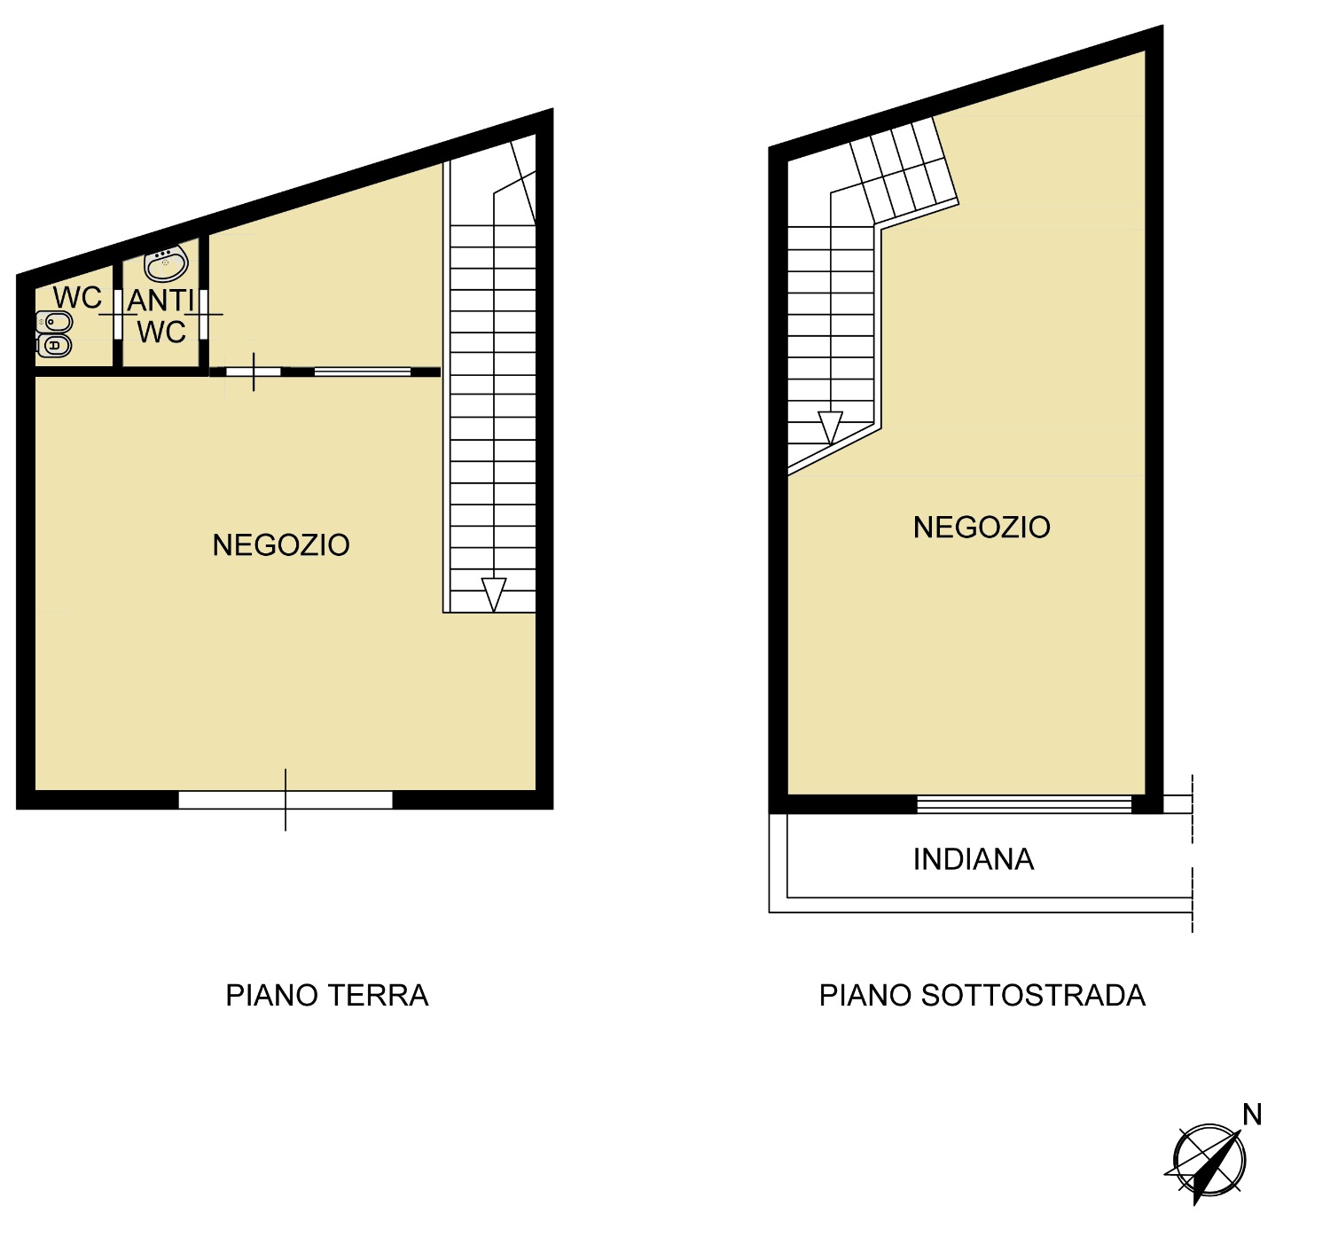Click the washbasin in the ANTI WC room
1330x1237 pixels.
tap(166, 263)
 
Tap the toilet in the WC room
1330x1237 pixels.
tap(54, 346)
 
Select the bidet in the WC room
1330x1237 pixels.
tap(54, 322)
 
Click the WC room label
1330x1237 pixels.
tap(78, 297)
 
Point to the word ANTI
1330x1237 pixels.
tap(160, 301)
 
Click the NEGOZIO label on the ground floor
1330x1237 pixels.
tap(281, 545)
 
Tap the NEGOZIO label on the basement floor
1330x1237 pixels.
tap(982, 528)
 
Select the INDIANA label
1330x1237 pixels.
tap(974, 859)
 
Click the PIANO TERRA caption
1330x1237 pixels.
tap(327, 995)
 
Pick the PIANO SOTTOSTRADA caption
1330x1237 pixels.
tap(982, 995)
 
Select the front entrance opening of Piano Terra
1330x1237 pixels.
tap(286, 800)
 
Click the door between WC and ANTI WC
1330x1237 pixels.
tap(118, 314)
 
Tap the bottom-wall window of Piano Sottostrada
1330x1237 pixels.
tap(1024, 803)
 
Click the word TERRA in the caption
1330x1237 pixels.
tap(379, 995)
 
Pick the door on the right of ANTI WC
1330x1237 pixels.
tap(204, 314)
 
